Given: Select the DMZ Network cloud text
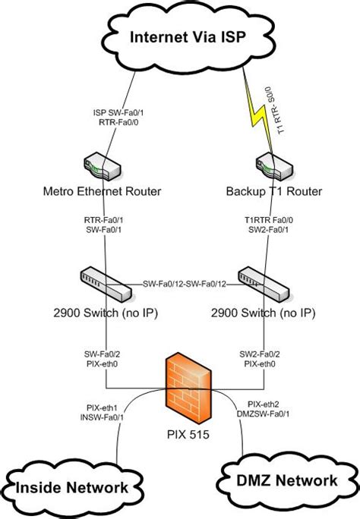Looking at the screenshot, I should point(288,480).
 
